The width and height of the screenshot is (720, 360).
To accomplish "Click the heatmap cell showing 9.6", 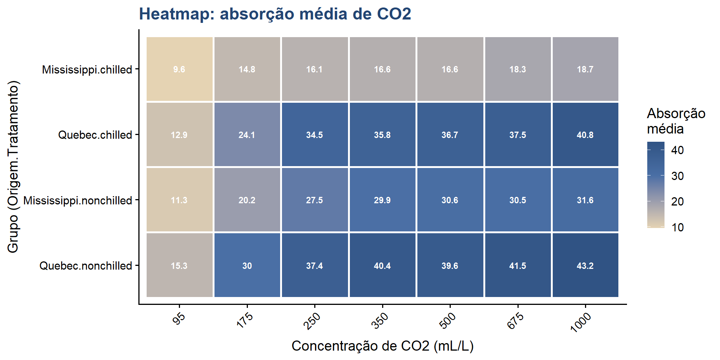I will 179,69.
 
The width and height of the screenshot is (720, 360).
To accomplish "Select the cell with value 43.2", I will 585,265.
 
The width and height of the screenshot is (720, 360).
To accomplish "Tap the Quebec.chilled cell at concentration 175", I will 247,135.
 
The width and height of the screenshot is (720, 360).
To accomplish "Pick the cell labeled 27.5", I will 314,200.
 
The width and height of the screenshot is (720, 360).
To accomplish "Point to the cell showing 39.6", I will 450,265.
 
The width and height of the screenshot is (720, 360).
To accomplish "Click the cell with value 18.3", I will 517,69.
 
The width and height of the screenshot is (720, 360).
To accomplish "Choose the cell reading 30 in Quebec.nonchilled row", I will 247,265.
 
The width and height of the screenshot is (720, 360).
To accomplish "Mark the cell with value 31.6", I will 585,200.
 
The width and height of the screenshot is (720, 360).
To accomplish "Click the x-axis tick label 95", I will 179,318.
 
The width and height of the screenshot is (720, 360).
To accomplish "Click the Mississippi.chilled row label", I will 87,70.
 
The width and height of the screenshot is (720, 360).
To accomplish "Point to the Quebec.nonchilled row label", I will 86,266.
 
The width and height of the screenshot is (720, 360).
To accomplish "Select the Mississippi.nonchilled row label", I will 78,201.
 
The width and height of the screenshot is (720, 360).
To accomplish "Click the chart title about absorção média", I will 275,14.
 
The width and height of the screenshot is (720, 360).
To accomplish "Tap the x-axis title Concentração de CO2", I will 382,346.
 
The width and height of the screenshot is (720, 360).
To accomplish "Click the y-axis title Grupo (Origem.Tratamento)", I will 13,167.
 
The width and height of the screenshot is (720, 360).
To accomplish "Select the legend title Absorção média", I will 676,121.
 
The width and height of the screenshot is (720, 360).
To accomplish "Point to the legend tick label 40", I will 677,150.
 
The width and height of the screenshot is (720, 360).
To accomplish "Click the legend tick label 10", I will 677,227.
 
